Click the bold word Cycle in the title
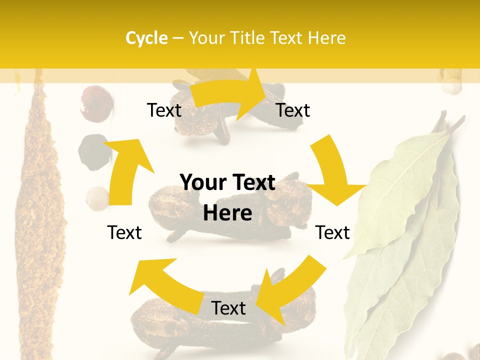pos(146,38)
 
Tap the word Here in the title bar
pos(326,38)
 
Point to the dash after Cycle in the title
pos(178,38)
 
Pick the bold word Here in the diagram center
pos(227,213)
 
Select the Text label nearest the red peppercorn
pos(164,110)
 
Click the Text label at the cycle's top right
pos(293,110)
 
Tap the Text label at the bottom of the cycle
pos(228,308)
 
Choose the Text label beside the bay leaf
pos(333,232)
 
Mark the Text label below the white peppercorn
pos(124,232)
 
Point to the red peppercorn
pos(96,102)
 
